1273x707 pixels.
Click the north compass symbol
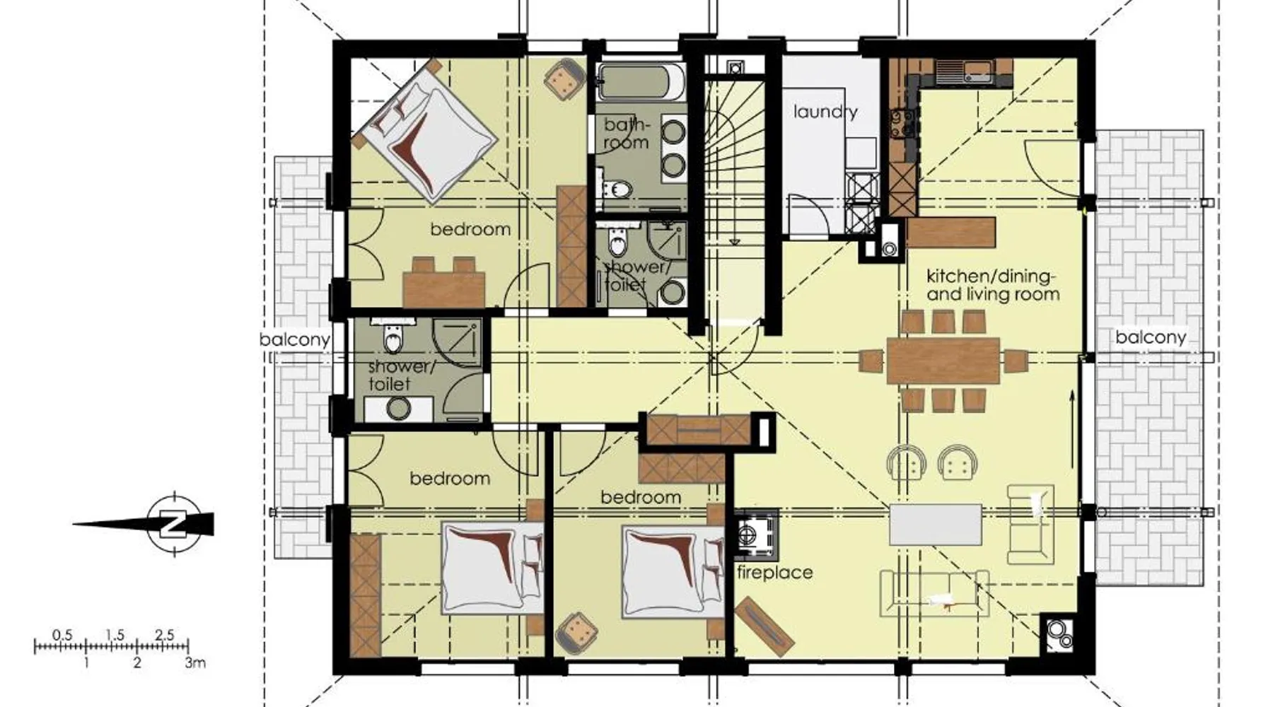pyautogui.click(x=173, y=525)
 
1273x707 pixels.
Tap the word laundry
pyautogui.click(x=825, y=112)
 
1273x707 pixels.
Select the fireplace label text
pyautogui.click(x=774, y=572)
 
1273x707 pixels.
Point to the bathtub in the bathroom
pyautogui.click(x=640, y=82)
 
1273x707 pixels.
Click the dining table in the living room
pyautogui.click(x=943, y=361)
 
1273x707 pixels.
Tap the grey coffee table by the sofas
pyautogui.click(x=935, y=524)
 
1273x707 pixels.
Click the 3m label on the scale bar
pyautogui.click(x=195, y=663)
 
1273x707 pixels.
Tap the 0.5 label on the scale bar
pyautogui.click(x=62, y=635)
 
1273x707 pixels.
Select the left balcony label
pyautogui.click(x=294, y=339)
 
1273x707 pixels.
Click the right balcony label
pyautogui.click(x=1150, y=337)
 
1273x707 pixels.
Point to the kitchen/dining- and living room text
pyautogui.click(x=992, y=285)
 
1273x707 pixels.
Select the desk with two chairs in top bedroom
pyautogui.click(x=444, y=282)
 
